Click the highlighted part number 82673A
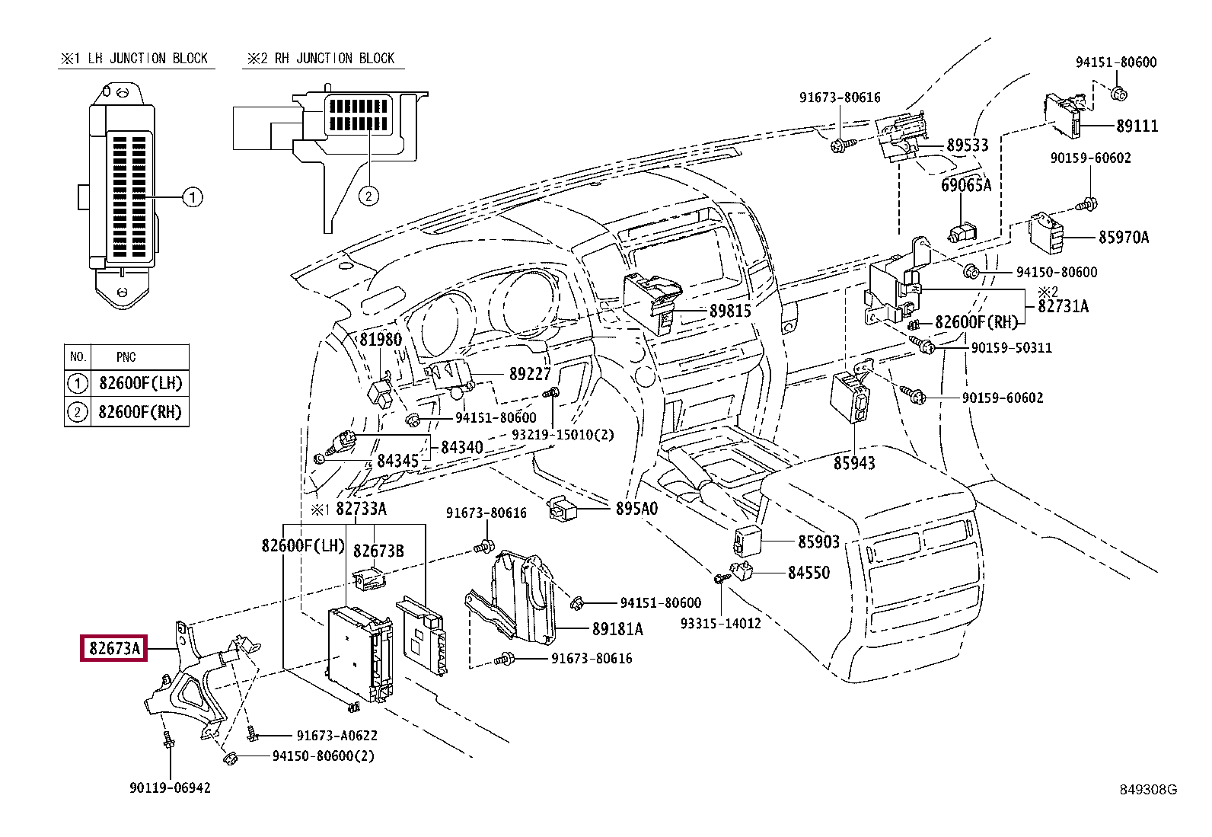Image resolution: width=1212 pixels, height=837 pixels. tap(114, 649)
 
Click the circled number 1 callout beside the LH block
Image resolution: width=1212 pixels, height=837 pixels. tap(193, 198)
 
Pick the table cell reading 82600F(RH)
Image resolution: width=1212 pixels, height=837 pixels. tap(140, 412)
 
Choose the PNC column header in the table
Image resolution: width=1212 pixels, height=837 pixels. tap(126, 356)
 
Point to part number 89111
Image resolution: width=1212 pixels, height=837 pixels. tap(1137, 126)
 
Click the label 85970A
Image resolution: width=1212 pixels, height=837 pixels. tap(1123, 237)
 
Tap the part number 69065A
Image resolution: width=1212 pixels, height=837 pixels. tap(966, 185)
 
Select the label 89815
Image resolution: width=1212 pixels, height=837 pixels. tap(730, 311)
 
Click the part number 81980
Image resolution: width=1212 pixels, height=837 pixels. tap(380, 340)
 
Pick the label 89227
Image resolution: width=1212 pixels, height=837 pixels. tap(530, 374)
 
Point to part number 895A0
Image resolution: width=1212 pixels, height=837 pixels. tap(636, 508)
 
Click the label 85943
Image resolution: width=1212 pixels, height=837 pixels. tap(854, 462)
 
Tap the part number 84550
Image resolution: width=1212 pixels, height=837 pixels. tap(809, 572)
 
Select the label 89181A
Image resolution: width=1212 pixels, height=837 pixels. tap(617, 629)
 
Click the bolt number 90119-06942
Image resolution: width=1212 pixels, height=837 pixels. tap(170, 787)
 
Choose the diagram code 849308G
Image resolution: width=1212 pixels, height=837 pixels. tap(1147, 790)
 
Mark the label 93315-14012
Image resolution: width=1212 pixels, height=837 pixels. tap(720, 623)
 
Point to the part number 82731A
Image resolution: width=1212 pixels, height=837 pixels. tap(1063, 306)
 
